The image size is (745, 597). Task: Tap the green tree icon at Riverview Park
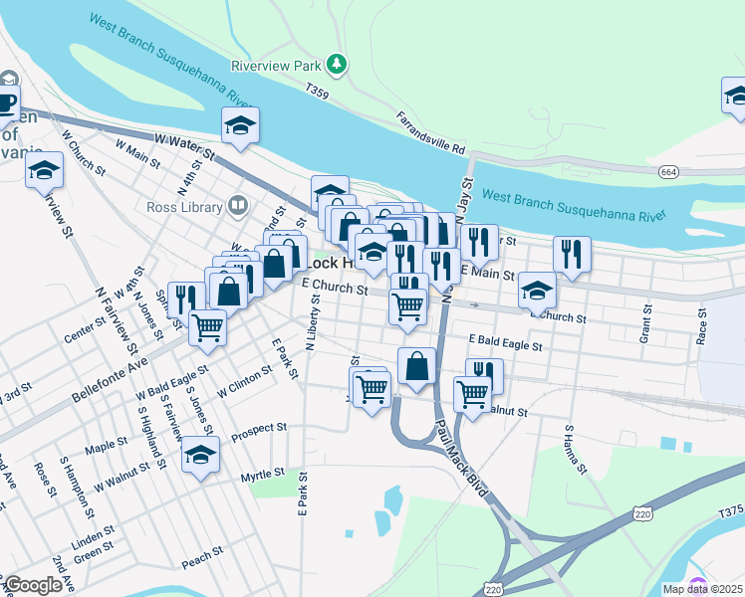[x=338, y=65]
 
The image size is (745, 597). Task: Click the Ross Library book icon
[x=237, y=207]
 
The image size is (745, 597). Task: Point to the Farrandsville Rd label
[x=431, y=132]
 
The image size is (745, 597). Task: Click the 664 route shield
[x=668, y=172]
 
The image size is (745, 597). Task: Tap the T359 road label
[x=318, y=93]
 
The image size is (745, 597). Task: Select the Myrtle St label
[x=263, y=474]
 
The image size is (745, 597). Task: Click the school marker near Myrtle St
[x=201, y=456]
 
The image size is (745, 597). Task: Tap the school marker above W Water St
[x=240, y=124]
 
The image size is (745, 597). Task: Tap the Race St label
[x=703, y=325]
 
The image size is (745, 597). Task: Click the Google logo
[x=33, y=585]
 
